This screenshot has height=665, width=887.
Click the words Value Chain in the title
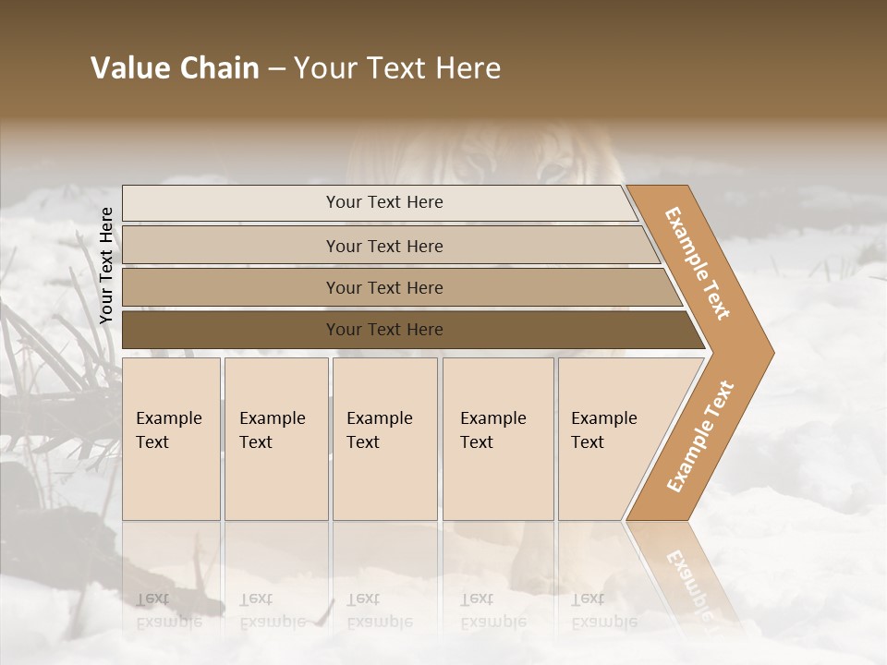pos(175,68)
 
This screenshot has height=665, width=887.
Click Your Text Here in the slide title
pos(397,68)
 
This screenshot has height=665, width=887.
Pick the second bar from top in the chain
pos(383,246)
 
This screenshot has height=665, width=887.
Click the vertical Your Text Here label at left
pos(106,265)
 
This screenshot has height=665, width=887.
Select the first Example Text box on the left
pos(171,439)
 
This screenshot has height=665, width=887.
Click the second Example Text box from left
pos(275,439)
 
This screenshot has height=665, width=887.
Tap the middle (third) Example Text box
pos(384,439)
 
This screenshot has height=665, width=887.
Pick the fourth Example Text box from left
pos(497,439)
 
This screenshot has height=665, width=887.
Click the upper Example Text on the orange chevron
pos(699,263)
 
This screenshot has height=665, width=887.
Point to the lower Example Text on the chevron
pos(700,436)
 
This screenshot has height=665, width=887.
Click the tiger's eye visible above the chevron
pos(555,170)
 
